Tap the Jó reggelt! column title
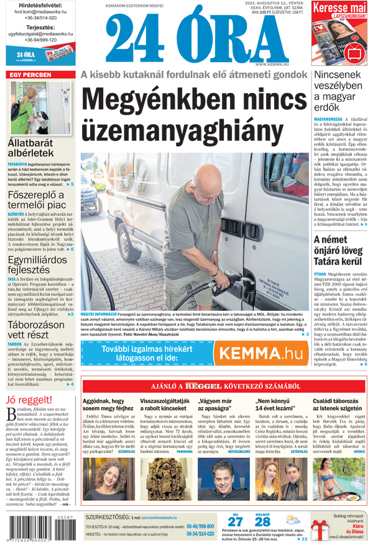click(29, 399)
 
